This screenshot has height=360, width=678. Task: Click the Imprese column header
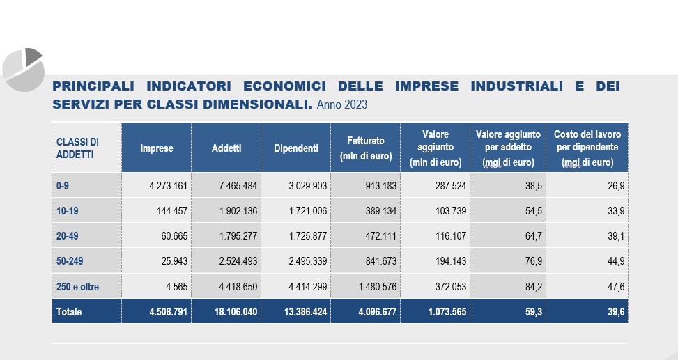coord(156,148)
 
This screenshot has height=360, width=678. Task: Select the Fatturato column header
coord(365,148)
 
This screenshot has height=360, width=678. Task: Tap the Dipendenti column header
coord(295,148)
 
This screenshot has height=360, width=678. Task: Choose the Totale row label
coord(69,312)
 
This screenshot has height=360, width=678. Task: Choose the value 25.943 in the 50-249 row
coord(174,261)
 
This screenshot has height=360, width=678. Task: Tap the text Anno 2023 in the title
coord(341,105)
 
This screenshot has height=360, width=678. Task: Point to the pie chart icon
coord(23,69)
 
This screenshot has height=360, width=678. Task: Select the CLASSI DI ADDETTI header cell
coord(77,148)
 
